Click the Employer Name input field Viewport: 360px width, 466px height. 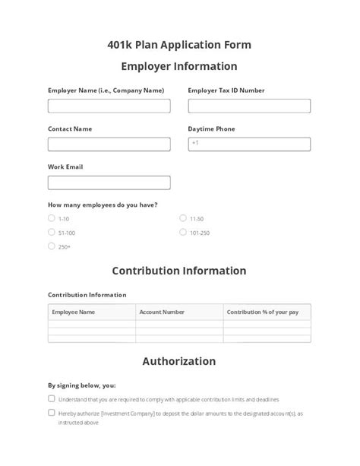click(x=109, y=106)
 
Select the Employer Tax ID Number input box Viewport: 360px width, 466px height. click(x=249, y=106)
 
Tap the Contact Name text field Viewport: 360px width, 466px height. click(x=109, y=144)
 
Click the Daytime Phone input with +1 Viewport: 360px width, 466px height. click(x=249, y=144)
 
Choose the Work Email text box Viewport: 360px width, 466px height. click(x=109, y=182)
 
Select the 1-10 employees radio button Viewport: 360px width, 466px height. click(x=52, y=218)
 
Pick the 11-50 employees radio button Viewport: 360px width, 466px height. click(x=183, y=218)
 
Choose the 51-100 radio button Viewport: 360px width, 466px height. click(x=52, y=232)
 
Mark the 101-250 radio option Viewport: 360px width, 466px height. click(x=183, y=232)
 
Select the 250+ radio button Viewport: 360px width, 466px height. click(x=52, y=246)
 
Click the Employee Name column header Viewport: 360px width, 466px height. click(x=74, y=312)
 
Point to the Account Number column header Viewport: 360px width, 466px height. click(x=162, y=312)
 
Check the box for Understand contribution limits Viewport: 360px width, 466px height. click(x=52, y=398)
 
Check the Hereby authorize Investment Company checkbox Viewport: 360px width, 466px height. click(x=52, y=413)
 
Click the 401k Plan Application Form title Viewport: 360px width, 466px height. click(x=179, y=44)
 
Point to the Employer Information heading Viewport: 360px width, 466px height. click(x=179, y=66)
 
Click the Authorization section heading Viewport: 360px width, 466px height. click(x=179, y=361)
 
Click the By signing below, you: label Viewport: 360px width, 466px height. click(x=82, y=385)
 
